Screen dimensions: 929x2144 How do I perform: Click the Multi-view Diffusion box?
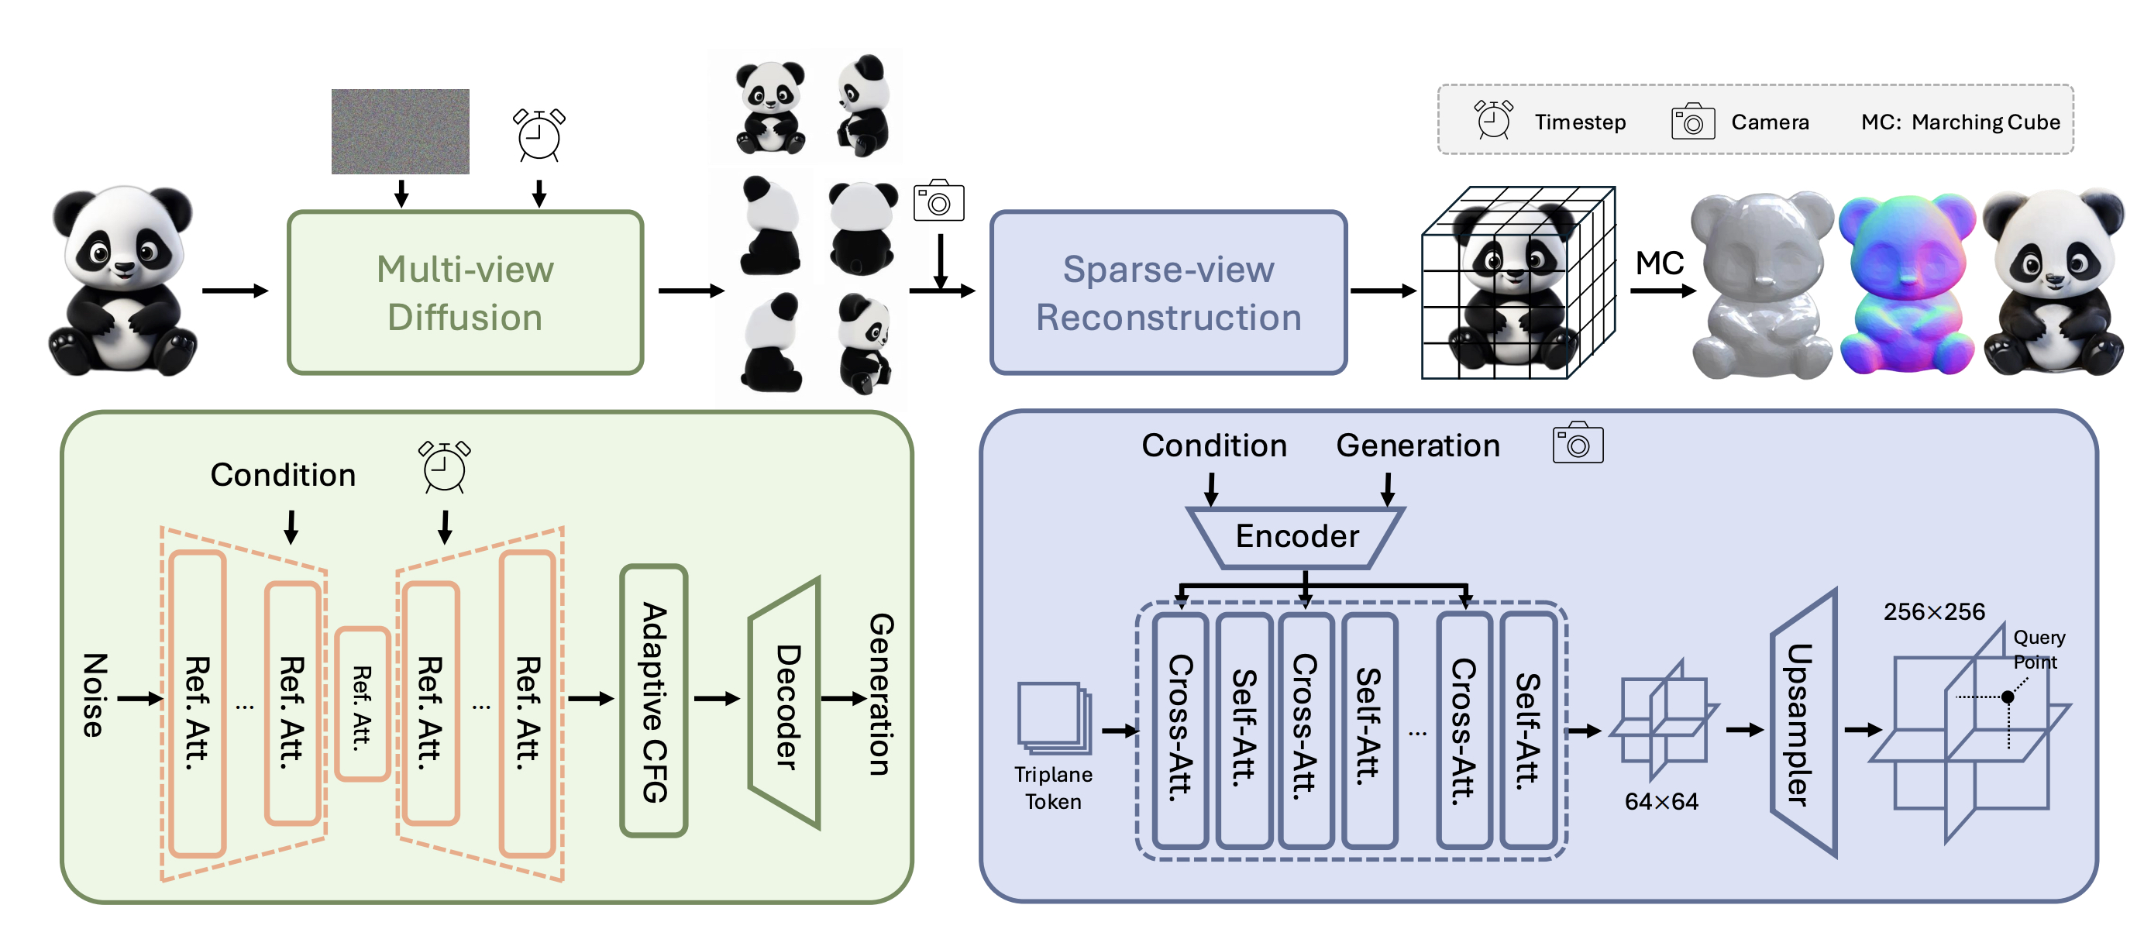[x=465, y=292]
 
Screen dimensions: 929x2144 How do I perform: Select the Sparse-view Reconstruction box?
[x=1168, y=292]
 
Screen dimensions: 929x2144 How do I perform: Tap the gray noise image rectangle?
[x=401, y=132]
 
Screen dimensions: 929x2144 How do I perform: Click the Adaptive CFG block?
[x=654, y=701]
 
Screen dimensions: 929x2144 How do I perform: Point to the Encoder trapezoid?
[x=1297, y=537]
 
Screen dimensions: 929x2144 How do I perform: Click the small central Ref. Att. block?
[x=362, y=704]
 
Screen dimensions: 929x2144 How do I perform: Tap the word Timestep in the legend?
[x=1580, y=122]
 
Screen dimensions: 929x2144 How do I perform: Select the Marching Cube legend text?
[x=1985, y=122]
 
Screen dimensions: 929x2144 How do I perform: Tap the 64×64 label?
[x=1661, y=802]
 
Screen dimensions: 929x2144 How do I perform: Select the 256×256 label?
[x=1934, y=612]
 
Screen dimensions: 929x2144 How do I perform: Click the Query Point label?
[x=2039, y=649]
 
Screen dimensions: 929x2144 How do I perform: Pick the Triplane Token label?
[x=1053, y=787]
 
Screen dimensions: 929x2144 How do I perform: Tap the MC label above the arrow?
[x=1660, y=263]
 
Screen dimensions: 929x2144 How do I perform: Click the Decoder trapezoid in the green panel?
[x=786, y=704]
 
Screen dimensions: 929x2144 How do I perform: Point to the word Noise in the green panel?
[x=94, y=696]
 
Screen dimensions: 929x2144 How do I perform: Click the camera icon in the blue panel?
[x=1578, y=444]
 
